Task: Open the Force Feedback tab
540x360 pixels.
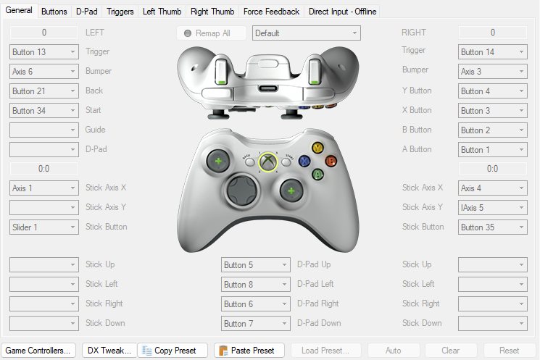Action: pyautogui.click(x=271, y=12)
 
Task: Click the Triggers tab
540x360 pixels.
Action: pyautogui.click(x=120, y=12)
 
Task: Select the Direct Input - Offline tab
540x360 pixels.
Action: pyautogui.click(x=342, y=12)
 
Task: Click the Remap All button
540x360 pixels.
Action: pyautogui.click(x=212, y=33)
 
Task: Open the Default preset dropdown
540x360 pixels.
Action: pyautogui.click(x=306, y=33)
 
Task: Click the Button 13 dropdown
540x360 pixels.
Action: pyautogui.click(x=44, y=52)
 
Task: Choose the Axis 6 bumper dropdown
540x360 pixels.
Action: pyautogui.click(x=44, y=72)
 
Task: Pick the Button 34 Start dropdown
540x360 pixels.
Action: pyautogui.click(x=44, y=111)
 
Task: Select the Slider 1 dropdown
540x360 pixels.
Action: pyautogui.click(x=44, y=227)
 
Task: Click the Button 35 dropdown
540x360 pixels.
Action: pyautogui.click(x=492, y=227)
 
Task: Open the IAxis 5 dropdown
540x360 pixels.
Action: pyautogui.click(x=492, y=208)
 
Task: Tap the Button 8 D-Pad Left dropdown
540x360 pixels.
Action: pyautogui.click(x=256, y=284)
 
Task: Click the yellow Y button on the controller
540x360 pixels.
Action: pyautogui.click(x=317, y=148)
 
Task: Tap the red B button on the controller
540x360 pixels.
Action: pyautogui.click(x=331, y=161)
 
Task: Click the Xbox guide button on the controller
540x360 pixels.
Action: pyautogui.click(x=268, y=162)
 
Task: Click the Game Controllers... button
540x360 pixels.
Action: pyautogui.click(x=38, y=351)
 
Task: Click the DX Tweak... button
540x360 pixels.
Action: pyautogui.click(x=109, y=351)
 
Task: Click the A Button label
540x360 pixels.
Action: pyautogui.click(x=417, y=149)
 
